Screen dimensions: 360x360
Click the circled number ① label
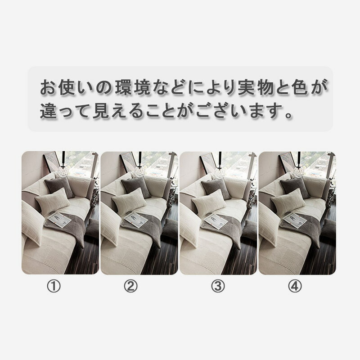point(54,286)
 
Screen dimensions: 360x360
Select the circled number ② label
point(130,286)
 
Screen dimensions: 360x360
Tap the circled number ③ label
point(218,286)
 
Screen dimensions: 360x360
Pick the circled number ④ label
point(295,286)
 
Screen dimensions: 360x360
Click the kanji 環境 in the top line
point(132,88)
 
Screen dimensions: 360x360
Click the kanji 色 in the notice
point(301,88)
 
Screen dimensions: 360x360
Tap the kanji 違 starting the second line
point(49,111)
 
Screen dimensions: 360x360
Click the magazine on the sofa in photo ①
point(59,220)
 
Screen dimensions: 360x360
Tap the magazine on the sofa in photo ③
point(216,220)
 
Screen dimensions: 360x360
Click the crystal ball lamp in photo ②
point(140,171)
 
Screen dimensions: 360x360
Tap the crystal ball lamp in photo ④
point(298,171)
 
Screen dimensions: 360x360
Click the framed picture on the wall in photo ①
point(52,162)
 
